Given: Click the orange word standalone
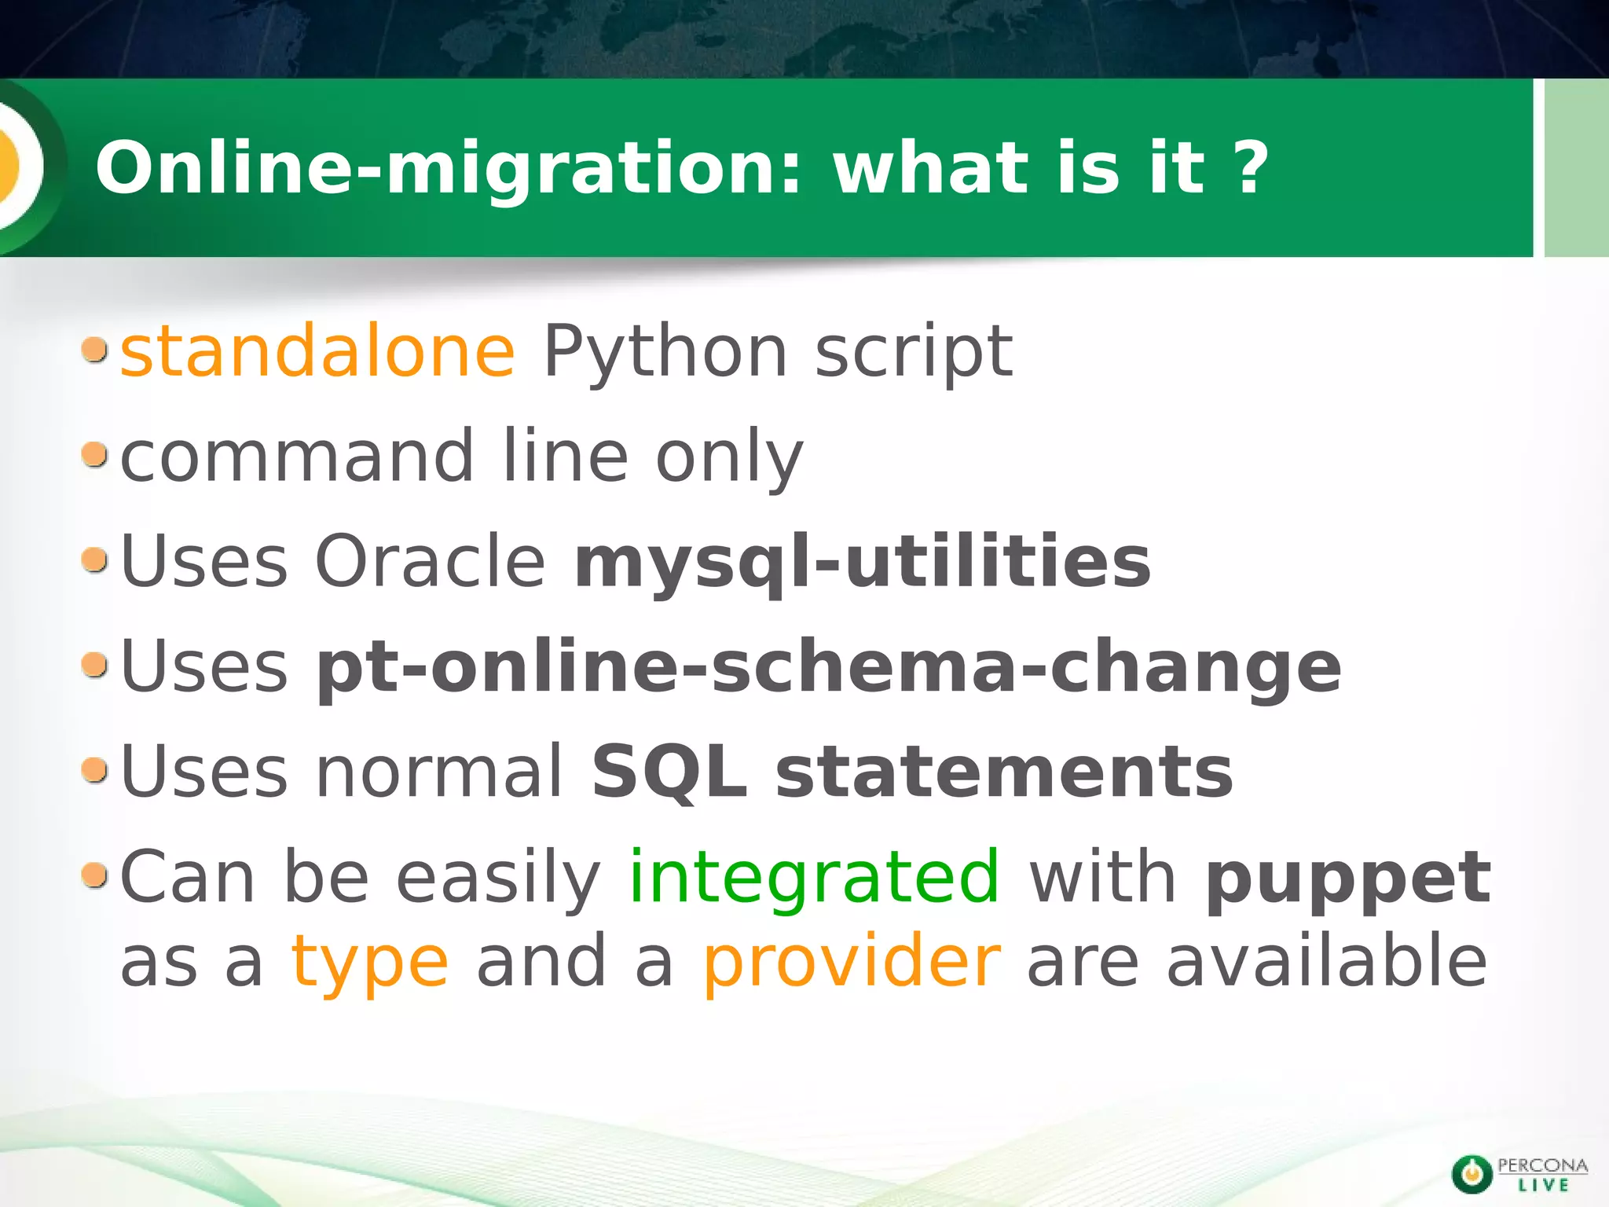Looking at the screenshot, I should click(317, 351).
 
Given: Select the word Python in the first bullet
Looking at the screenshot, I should click(665, 351).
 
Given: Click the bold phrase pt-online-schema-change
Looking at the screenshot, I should click(828, 668).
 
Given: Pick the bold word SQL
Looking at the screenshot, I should click(669, 772).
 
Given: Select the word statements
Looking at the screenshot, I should click(1004, 772).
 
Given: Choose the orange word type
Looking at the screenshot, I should click(370, 963).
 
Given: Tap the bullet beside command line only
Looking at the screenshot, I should click(94, 454).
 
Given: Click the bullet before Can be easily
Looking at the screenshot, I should click(94, 875).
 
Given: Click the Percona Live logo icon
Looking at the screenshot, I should click(1472, 1174).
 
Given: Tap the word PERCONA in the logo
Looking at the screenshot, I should click(1542, 1165).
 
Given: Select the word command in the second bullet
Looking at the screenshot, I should click(297, 457).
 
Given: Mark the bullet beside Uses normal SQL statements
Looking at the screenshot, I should click(94, 770).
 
